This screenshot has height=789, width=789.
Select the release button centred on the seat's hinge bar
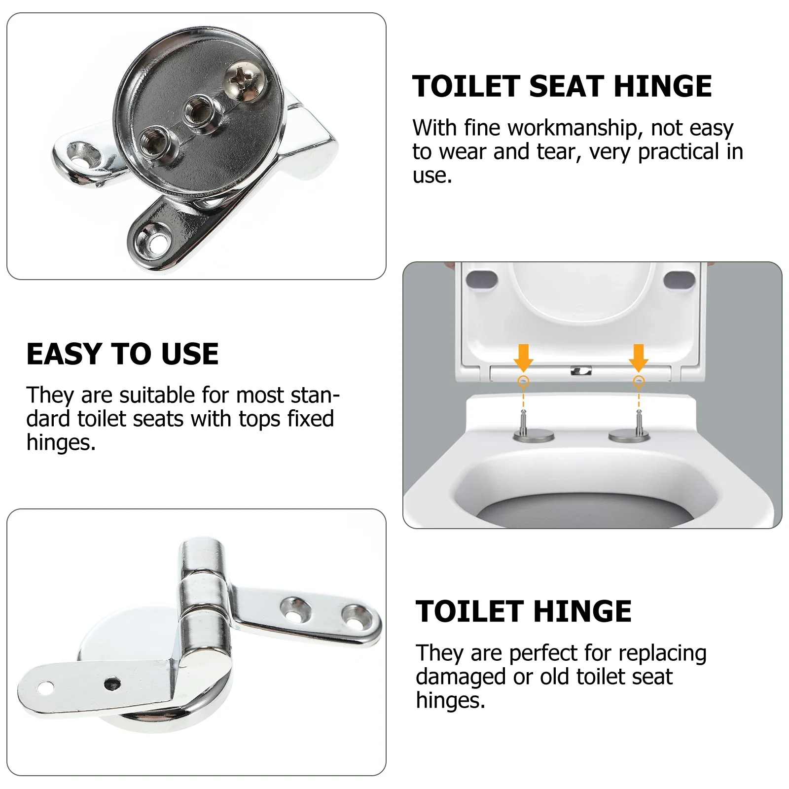point(580,370)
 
